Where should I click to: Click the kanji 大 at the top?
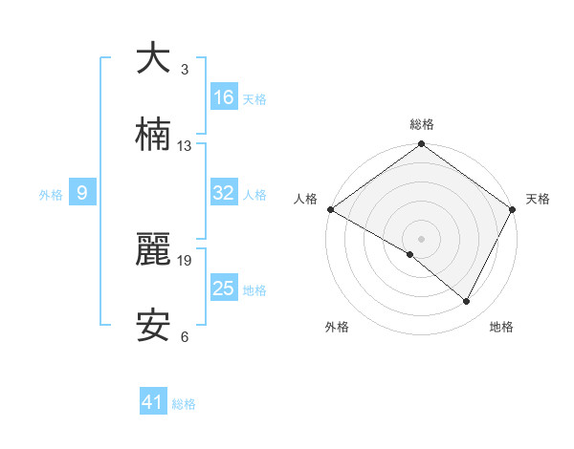pyautogui.click(x=152, y=58)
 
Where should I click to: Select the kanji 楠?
pyautogui.click(x=152, y=136)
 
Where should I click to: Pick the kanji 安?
pyautogui.click(x=152, y=327)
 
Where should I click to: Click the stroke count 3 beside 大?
pyautogui.click(x=185, y=70)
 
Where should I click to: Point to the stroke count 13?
pyautogui.click(x=185, y=146)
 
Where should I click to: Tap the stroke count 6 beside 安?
pyautogui.click(x=185, y=337)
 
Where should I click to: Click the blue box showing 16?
pyautogui.click(x=224, y=97)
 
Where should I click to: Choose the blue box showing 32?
pyautogui.click(x=224, y=193)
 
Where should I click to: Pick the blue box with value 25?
pyautogui.click(x=224, y=289)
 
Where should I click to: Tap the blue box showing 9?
pyautogui.click(x=82, y=193)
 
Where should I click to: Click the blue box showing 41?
pyautogui.click(x=153, y=402)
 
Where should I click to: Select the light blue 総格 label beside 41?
pyautogui.click(x=184, y=404)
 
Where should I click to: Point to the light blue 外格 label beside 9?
pyautogui.click(x=51, y=195)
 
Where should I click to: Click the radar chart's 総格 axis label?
pyautogui.click(x=421, y=124)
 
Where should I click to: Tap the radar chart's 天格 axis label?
pyautogui.click(x=538, y=199)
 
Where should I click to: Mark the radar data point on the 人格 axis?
pyautogui.click(x=330, y=209)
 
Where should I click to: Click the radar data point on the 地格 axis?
pyautogui.click(x=467, y=302)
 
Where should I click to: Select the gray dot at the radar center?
pyautogui.click(x=421, y=238)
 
